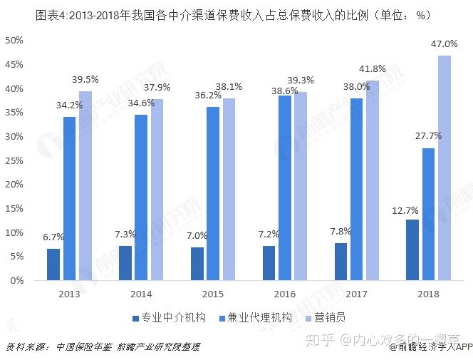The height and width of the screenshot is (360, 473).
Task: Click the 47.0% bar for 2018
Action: tap(445, 168)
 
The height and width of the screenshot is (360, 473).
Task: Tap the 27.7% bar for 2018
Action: tap(429, 214)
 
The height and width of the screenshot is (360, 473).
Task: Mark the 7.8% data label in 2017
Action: tap(341, 232)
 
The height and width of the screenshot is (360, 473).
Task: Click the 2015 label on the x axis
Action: tap(213, 293)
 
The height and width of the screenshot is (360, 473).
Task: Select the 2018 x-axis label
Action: tap(428, 293)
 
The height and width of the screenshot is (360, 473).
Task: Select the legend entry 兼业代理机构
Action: tap(255, 317)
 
